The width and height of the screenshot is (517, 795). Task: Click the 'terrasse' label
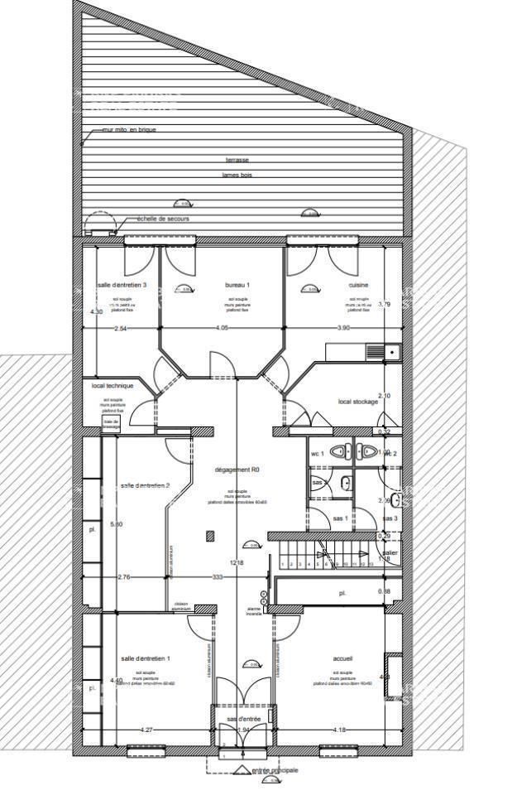click(x=237, y=159)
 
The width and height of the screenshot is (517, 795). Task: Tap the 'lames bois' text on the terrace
click(x=237, y=175)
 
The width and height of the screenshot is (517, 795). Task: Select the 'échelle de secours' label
click(x=163, y=219)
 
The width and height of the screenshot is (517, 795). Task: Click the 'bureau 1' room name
click(x=237, y=285)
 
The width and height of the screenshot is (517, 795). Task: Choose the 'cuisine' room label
click(x=358, y=285)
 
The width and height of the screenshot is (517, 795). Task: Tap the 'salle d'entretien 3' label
click(x=122, y=285)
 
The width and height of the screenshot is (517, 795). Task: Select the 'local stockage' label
click(x=358, y=402)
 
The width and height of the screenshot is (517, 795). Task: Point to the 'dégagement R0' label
click(x=237, y=470)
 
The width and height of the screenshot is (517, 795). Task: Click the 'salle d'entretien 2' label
click(x=145, y=485)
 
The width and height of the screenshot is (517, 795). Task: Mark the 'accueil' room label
click(x=342, y=659)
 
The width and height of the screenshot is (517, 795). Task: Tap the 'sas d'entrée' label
click(x=244, y=719)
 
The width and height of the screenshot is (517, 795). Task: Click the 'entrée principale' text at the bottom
click(x=270, y=770)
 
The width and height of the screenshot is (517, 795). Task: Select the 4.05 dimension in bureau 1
click(x=222, y=328)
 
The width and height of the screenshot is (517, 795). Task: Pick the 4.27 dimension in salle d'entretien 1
click(x=146, y=730)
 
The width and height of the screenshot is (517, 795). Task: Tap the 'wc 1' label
click(x=317, y=455)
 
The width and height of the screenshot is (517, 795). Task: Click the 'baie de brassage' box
click(x=111, y=422)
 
